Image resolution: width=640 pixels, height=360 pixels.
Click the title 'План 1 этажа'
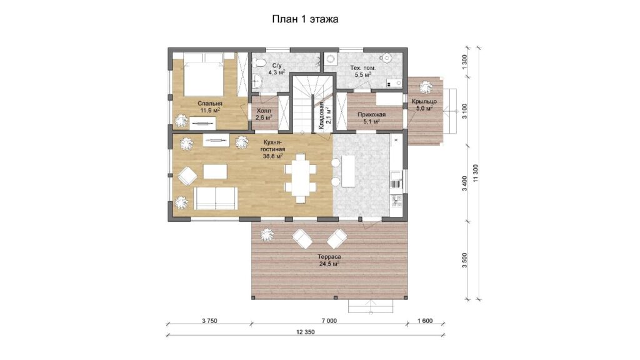[305, 19]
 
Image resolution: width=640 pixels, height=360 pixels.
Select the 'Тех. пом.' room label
[362, 67]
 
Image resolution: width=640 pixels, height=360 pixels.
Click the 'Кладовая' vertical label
[322, 116]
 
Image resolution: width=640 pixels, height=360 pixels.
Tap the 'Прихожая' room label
[371, 115]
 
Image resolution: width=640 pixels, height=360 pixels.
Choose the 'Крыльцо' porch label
[424, 101]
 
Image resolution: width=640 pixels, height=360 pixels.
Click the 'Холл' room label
[263, 111]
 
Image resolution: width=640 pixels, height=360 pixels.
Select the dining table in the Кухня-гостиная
[301, 178]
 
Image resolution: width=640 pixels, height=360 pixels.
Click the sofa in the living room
[216, 198]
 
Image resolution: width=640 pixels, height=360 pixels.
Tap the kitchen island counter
[347, 170]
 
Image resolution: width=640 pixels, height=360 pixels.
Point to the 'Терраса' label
[329, 257]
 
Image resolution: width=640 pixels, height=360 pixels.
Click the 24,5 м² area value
[329, 264]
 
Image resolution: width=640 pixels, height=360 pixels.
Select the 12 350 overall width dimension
[305, 332]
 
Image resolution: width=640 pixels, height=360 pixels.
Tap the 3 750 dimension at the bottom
[209, 321]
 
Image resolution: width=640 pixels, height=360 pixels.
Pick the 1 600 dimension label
[425, 321]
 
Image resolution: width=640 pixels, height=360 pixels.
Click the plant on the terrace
[266, 234]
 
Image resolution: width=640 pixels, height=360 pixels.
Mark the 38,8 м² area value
[273, 156]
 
